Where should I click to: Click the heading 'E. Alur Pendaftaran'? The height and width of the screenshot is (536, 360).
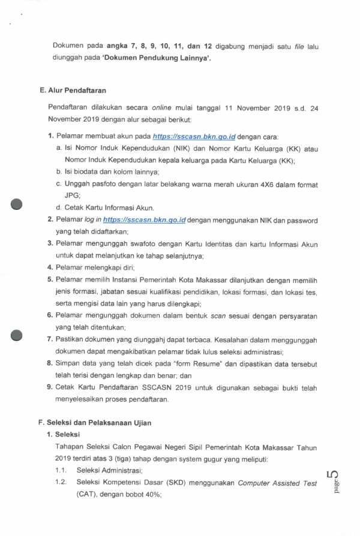pyautogui.click(x=72, y=91)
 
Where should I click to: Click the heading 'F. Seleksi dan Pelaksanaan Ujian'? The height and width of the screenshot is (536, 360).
pyautogui.click(x=95, y=422)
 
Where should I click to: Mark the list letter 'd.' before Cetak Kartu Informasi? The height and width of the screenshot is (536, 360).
pyautogui.click(x=59, y=207)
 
